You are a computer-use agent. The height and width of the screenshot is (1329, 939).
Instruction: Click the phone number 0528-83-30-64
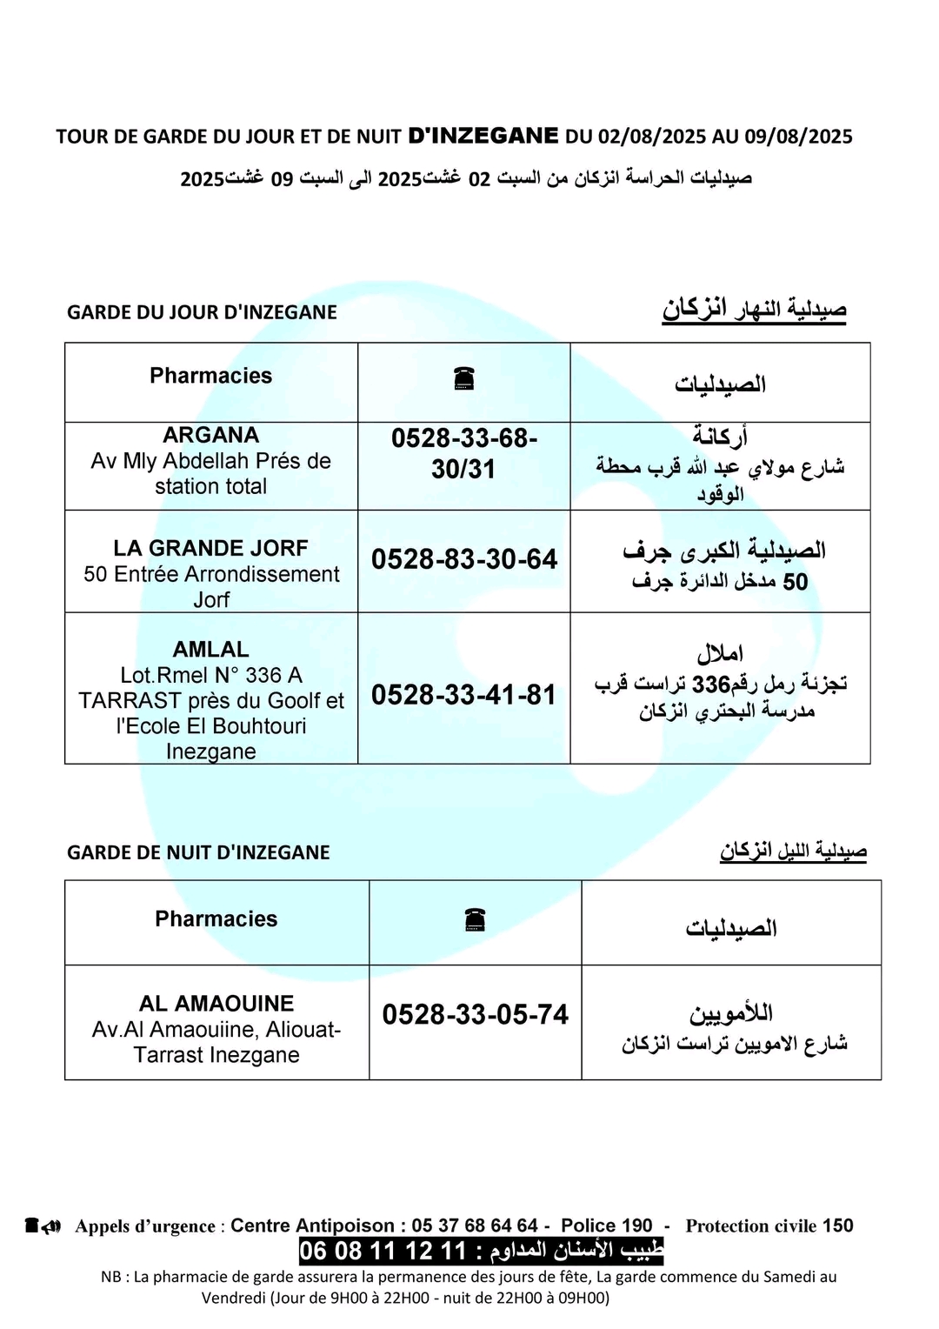[x=464, y=559]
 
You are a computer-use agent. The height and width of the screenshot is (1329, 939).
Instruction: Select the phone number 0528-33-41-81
[x=463, y=695]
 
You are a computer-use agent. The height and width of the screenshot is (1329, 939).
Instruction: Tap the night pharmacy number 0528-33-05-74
[x=475, y=1015]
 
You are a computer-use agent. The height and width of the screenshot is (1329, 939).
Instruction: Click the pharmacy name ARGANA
[x=210, y=435]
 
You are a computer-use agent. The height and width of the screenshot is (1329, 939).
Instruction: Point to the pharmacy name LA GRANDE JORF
[x=210, y=548]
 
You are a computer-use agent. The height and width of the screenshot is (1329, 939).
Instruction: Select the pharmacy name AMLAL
[x=210, y=650]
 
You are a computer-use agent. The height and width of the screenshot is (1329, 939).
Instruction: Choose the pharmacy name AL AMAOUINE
[x=216, y=1004]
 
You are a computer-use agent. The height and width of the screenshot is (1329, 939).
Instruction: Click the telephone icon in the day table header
[x=463, y=379]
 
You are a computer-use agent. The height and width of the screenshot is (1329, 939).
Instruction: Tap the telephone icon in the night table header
[x=475, y=920]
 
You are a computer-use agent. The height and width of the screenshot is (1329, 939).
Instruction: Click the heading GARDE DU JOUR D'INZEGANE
[x=202, y=312]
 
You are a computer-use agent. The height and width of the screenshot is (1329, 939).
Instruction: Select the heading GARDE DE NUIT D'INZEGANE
[x=198, y=852]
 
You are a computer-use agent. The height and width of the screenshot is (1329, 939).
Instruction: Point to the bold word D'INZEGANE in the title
[x=483, y=136]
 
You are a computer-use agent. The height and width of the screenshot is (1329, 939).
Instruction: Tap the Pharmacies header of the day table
[x=210, y=376]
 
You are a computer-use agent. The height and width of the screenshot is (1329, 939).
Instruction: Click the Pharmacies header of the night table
[x=216, y=919]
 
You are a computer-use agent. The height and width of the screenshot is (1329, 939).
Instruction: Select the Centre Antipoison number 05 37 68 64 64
[x=475, y=1225]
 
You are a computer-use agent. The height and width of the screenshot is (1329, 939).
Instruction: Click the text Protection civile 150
[x=769, y=1225]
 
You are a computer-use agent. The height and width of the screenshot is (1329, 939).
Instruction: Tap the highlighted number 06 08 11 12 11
[x=383, y=1251]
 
